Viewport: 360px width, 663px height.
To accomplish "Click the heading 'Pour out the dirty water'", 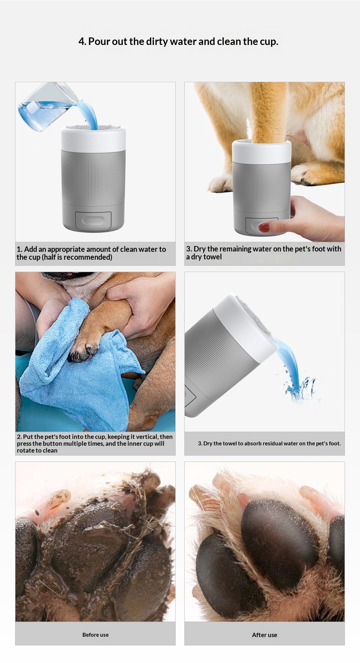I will (x=178, y=41).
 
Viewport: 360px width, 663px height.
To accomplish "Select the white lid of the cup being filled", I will (x=94, y=138).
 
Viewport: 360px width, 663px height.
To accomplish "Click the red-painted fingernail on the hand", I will (x=264, y=227).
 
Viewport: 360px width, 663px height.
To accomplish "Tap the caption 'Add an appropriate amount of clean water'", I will (x=91, y=253).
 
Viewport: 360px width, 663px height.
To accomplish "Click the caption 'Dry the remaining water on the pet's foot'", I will (x=264, y=253).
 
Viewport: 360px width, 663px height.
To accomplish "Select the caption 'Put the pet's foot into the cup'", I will (x=95, y=443).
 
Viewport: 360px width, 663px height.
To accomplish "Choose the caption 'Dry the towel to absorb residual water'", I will (x=269, y=443).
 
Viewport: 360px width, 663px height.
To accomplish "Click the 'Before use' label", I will (x=95, y=635).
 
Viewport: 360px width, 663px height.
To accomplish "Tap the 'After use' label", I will (x=264, y=635).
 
